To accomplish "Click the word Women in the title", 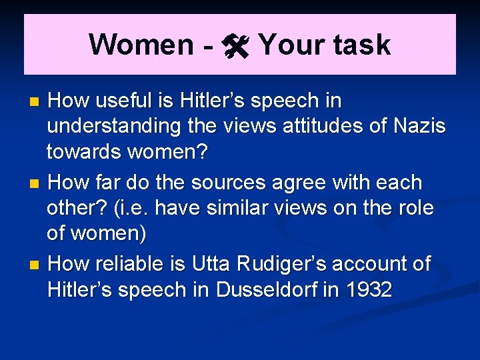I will pos(141,45).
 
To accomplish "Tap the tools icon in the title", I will pos(236,45).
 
